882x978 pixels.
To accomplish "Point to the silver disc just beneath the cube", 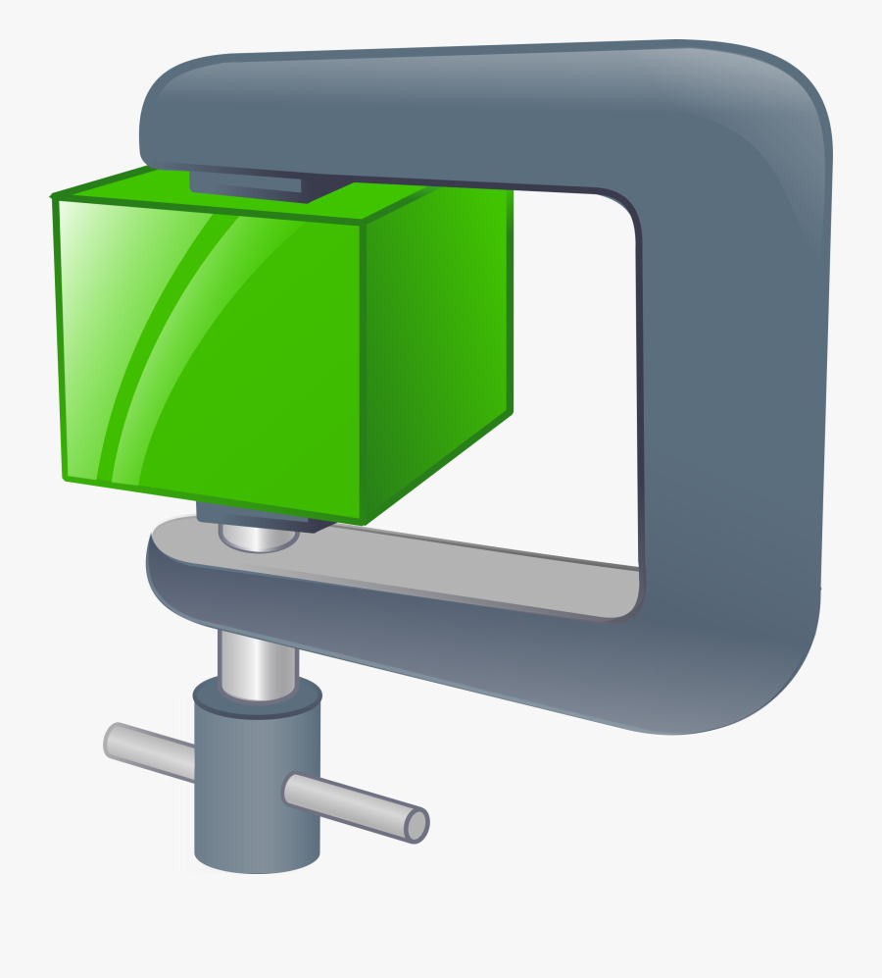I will point(259,537).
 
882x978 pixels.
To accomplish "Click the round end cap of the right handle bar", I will point(416,824).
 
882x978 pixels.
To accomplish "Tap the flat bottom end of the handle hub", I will point(257,860).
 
